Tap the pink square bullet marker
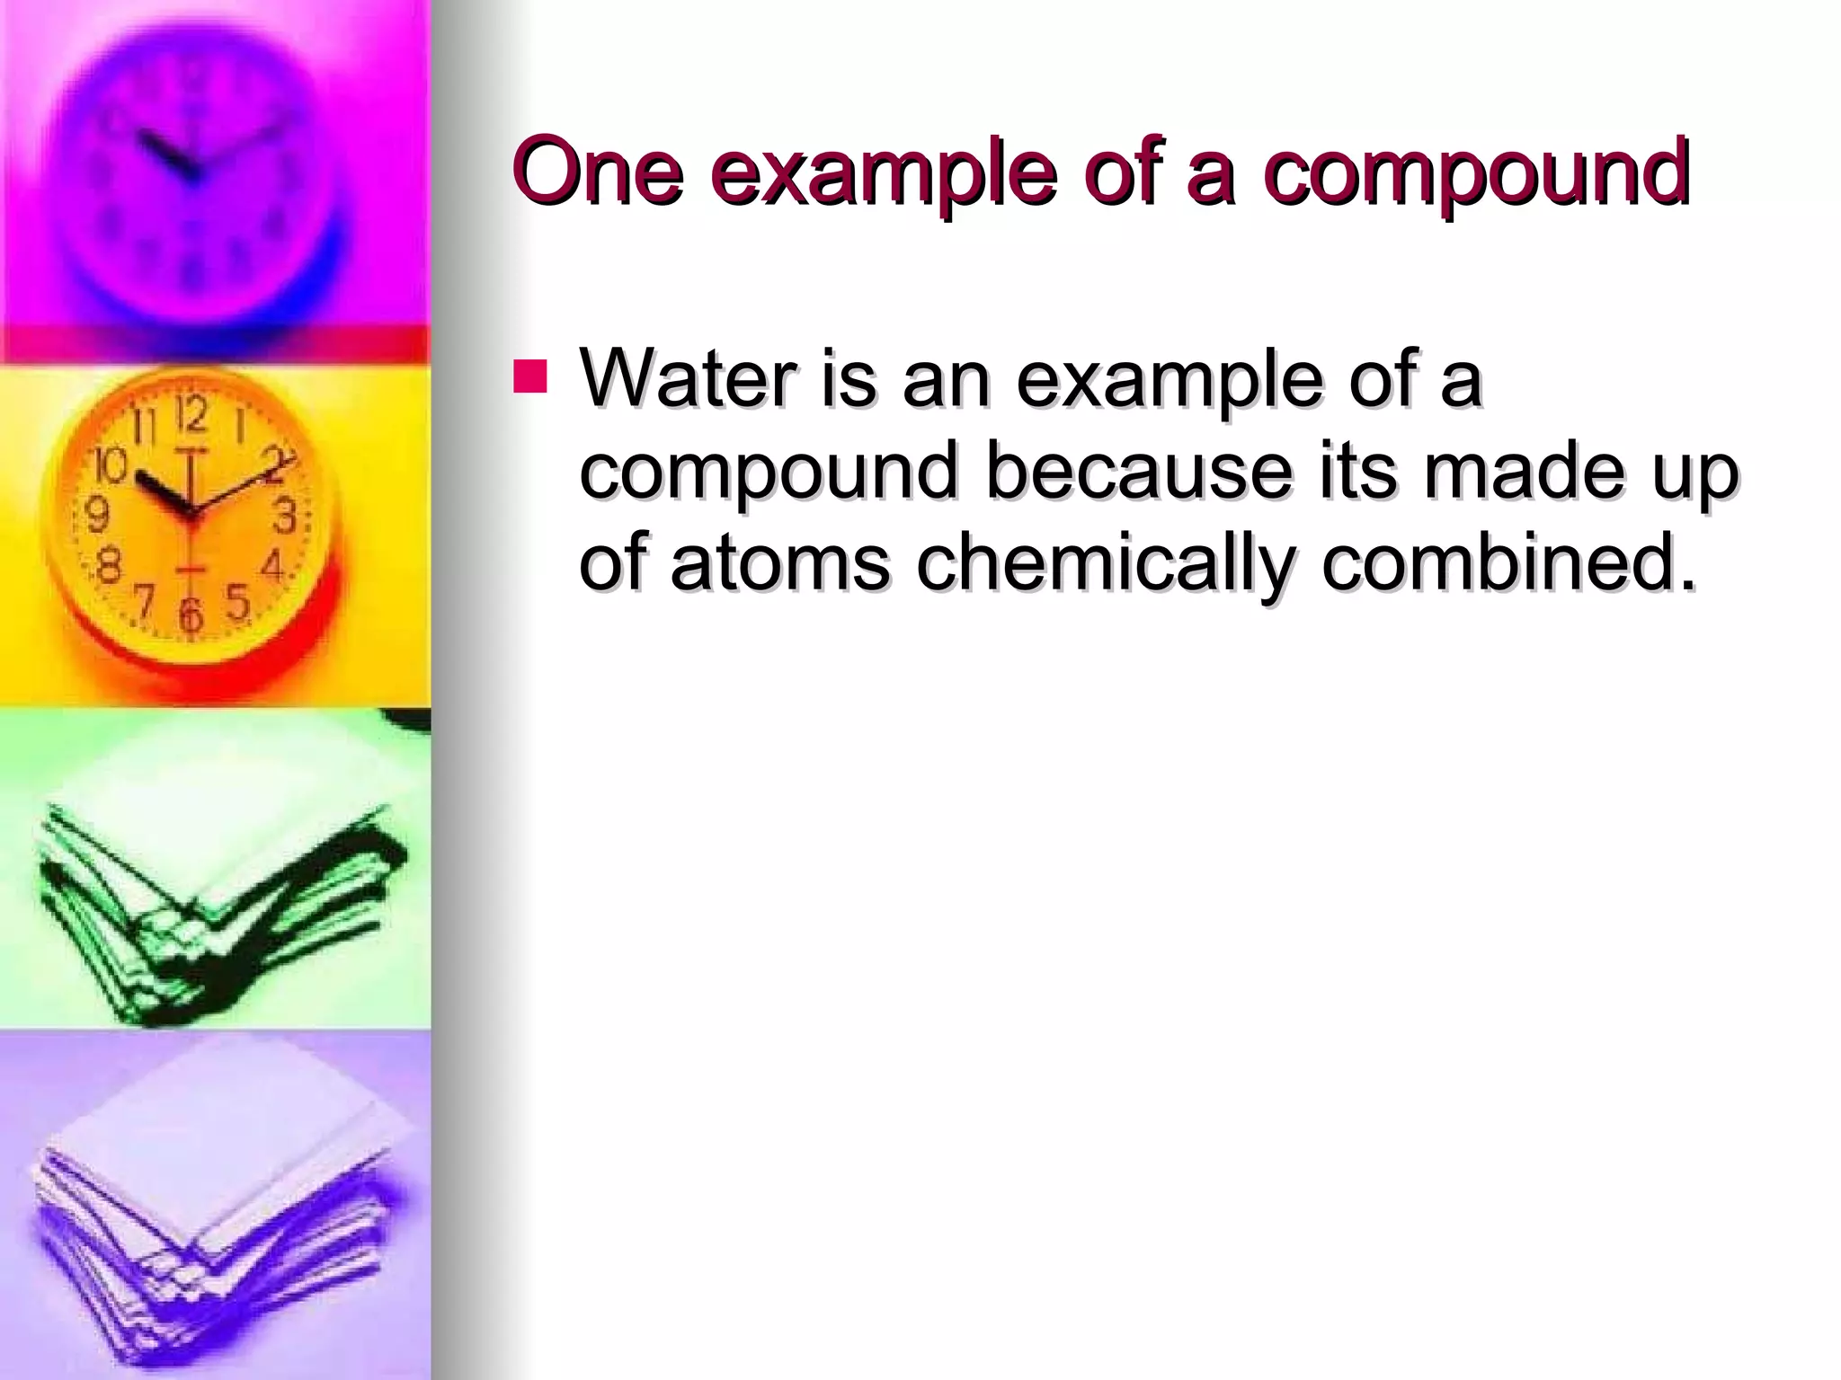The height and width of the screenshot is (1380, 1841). coord(529,377)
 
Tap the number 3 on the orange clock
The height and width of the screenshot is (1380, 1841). coord(285,517)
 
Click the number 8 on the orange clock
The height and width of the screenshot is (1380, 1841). coord(110,568)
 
